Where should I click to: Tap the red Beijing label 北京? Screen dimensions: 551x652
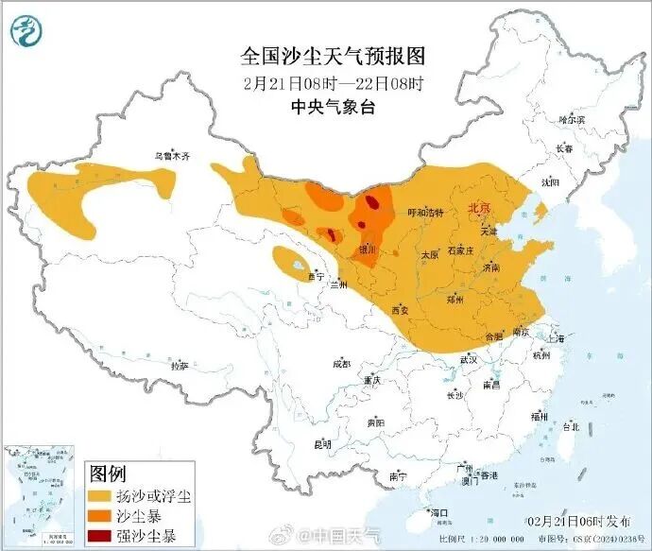(x=480, y=208)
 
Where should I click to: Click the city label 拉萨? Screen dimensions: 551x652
(x=179, y=364)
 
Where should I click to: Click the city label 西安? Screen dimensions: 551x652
(x=400, y=310)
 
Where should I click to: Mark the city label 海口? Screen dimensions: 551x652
(x=439, y=512)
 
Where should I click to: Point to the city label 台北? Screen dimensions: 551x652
(x=571, y=426)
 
